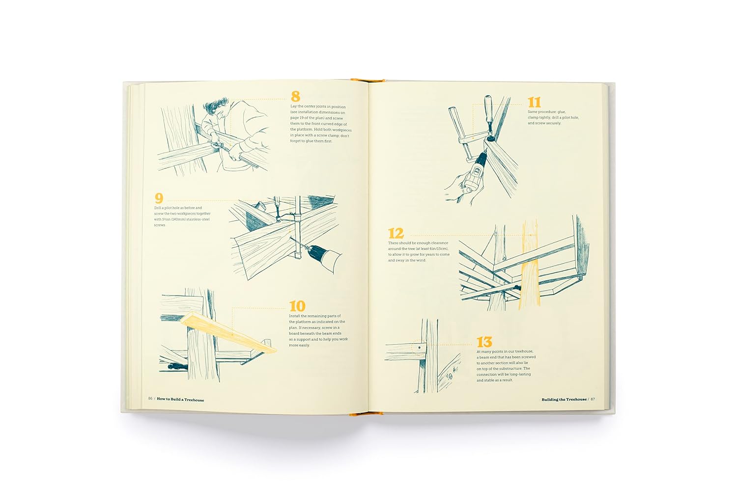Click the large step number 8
295,96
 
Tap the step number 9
159,198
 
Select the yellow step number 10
297,306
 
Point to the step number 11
535,102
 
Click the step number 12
396,234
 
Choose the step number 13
484,342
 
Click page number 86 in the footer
150,399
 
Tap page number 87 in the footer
593,399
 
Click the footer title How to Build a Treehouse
180,400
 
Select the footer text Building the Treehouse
564,400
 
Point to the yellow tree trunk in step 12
529,265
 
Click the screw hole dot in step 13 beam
420,347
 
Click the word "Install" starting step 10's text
295,316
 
